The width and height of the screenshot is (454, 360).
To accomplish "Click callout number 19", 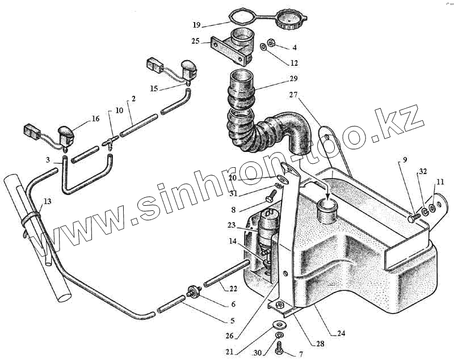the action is pos(196,25).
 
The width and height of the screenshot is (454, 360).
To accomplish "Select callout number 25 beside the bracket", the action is pos(196,41).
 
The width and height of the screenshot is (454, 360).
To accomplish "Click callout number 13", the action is pos(47,201).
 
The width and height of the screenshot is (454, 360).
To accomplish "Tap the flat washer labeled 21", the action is pos(278,325).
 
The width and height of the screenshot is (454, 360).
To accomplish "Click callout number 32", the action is pos(422,171).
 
